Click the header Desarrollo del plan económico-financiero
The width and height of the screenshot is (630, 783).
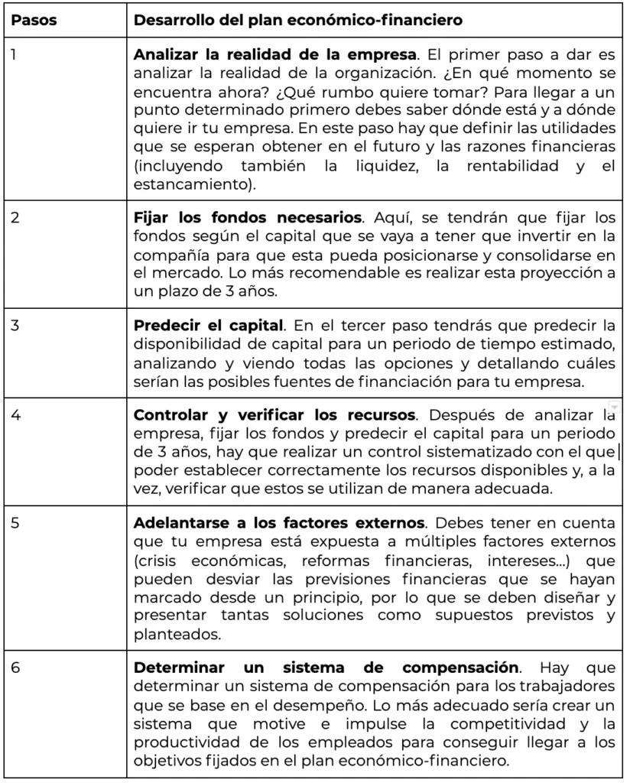coord(297,21)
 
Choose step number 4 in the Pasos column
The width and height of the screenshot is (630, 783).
coord(15,417)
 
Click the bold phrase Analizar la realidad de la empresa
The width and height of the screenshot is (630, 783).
coord(274,56)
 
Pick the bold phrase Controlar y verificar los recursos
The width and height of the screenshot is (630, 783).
coord(274,417)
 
